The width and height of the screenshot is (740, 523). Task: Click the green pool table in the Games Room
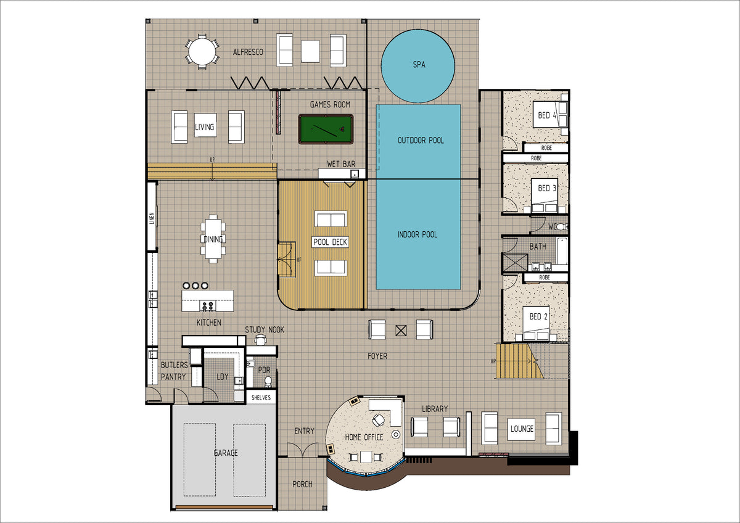326,129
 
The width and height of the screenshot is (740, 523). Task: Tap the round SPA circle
418,66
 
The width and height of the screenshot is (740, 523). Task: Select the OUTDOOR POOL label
421,141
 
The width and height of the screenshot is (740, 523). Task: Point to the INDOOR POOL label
417,234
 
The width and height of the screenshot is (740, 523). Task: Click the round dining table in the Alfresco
202,52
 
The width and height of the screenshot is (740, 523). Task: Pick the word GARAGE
226,453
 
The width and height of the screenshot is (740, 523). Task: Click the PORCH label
302,484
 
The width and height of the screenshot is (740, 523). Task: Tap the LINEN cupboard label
152,218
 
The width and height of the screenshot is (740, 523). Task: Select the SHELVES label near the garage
261,397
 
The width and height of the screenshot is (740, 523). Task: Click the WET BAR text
341,164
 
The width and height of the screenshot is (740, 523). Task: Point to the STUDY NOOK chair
261,340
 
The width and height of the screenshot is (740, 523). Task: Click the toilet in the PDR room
268,381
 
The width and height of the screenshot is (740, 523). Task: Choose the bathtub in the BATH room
562,250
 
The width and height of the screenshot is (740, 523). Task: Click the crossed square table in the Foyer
401,331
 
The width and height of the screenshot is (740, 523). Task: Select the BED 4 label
547,115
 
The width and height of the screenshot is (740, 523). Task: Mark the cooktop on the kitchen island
208,306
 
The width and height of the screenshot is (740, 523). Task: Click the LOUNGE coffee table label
522,429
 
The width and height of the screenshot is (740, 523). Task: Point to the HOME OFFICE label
364,437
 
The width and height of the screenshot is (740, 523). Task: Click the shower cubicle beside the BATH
515,263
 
